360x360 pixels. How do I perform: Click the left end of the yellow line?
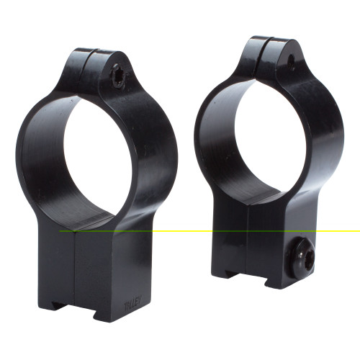point(60,231)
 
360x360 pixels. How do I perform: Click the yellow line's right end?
point(358,231)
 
